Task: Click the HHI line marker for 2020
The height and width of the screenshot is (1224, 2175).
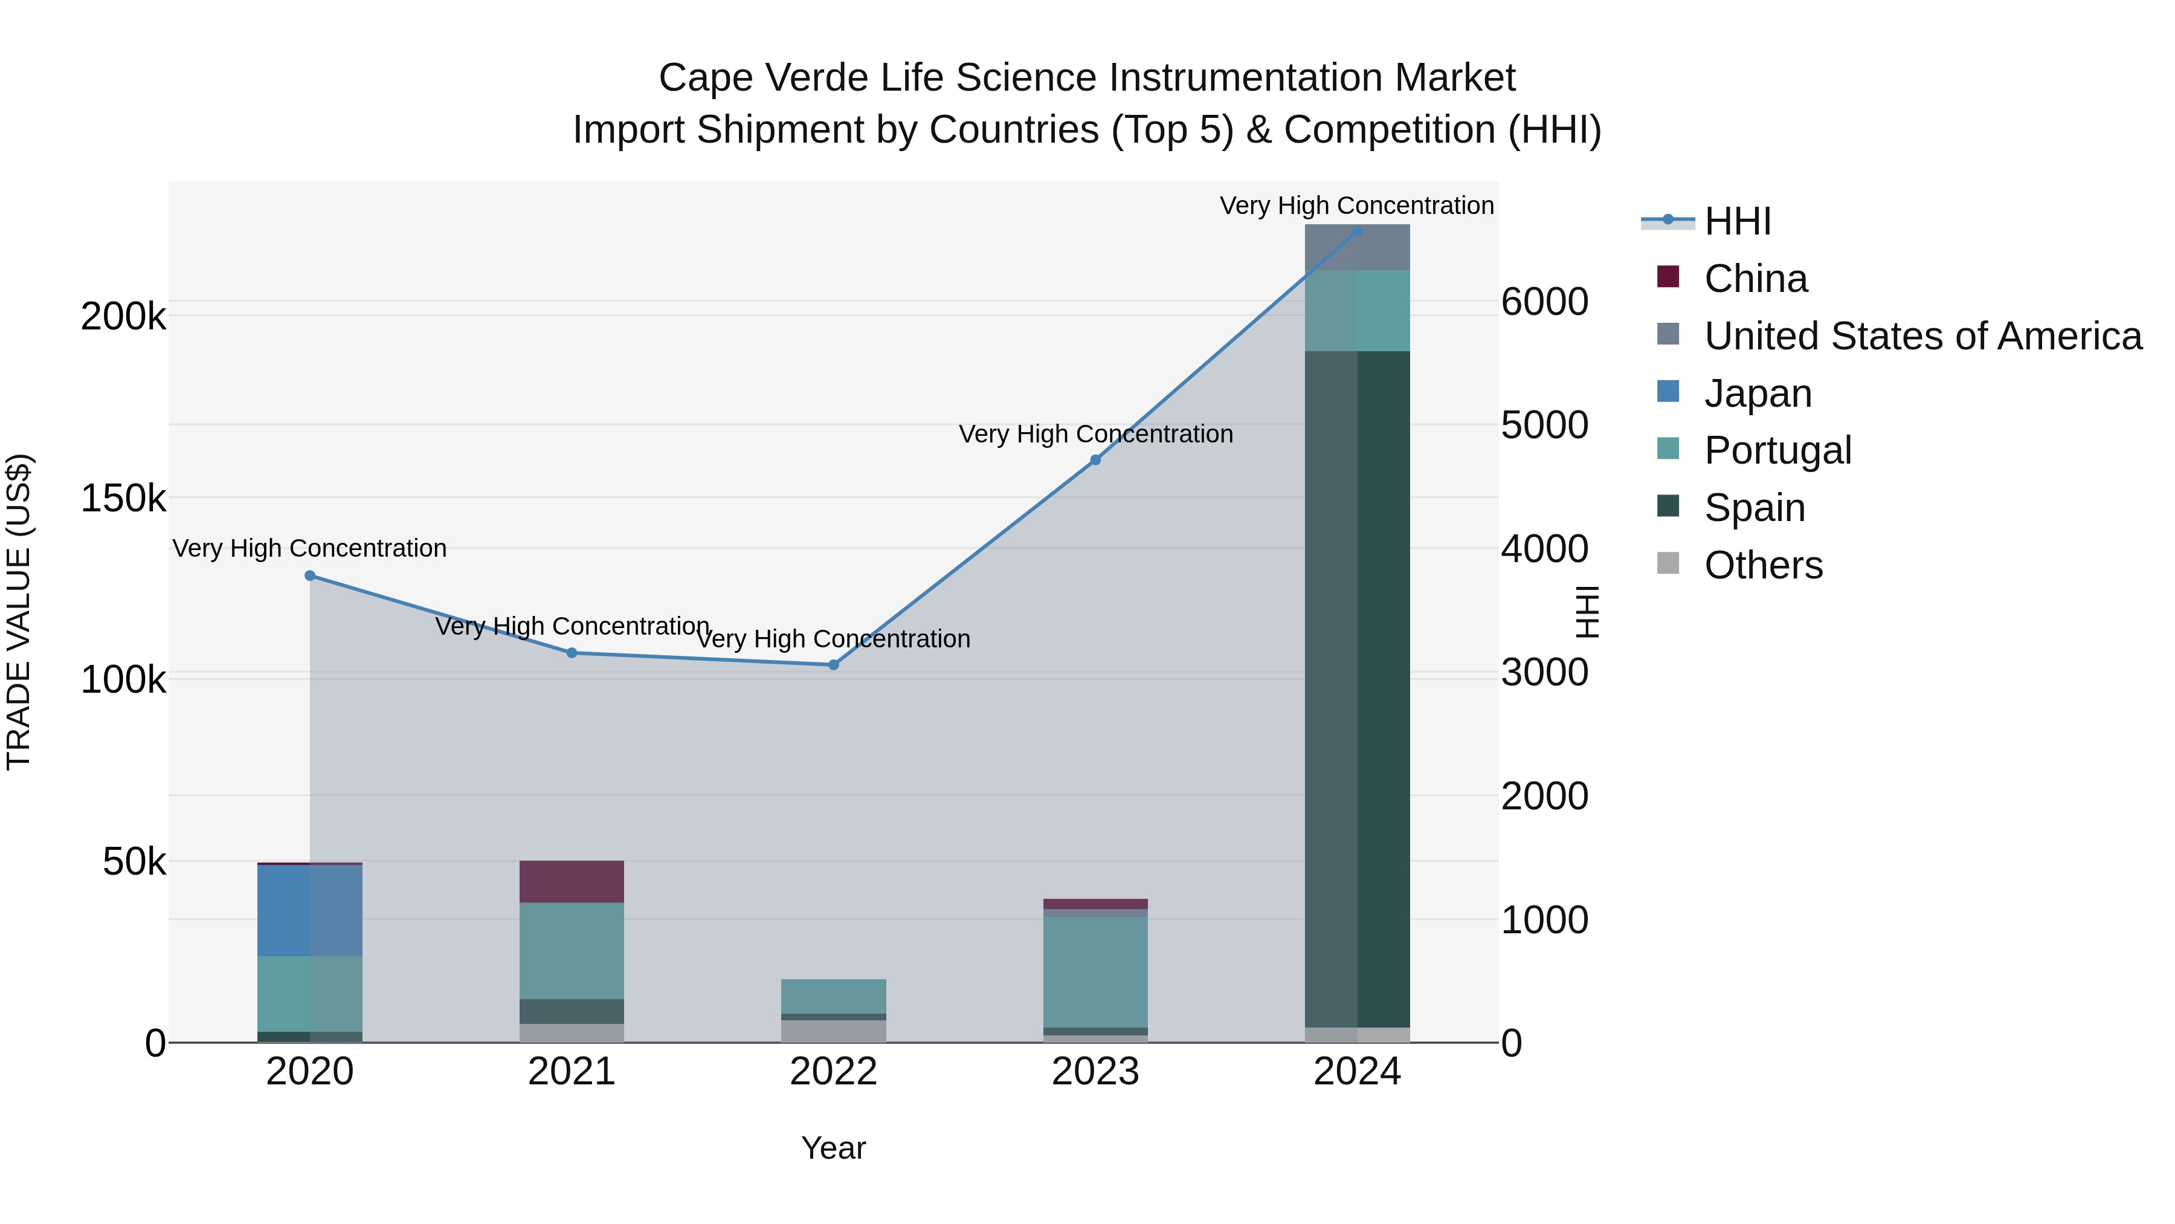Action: coord(310,575)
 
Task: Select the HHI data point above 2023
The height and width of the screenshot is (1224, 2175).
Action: coord(1095,459)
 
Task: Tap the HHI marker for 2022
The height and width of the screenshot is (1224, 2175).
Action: coord(833,665)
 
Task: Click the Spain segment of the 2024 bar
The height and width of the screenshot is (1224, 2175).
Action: coord(1357,688)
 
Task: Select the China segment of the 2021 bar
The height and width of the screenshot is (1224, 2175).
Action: coord(572,881)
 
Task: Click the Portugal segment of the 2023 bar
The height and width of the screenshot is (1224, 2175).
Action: coord(1095,971)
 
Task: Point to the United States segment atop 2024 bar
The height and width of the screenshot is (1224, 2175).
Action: coord(1357,247)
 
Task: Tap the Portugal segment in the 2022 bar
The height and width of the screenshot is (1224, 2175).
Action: coord(833,996)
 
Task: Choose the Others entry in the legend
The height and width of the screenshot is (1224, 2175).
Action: coord(1763,565)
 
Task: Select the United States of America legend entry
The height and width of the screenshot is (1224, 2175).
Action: coord(1922,335)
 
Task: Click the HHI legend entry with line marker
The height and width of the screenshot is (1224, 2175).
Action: coord(1736,221)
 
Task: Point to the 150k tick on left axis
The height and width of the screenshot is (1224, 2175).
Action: coord(123,499)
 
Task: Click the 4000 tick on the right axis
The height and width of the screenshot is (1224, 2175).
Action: coord(1544,548)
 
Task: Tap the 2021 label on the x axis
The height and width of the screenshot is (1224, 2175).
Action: coord(572,1072)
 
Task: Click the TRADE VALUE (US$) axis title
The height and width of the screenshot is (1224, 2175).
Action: coord(19,612)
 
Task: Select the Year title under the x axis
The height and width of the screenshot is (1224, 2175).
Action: coord(833,1148)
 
